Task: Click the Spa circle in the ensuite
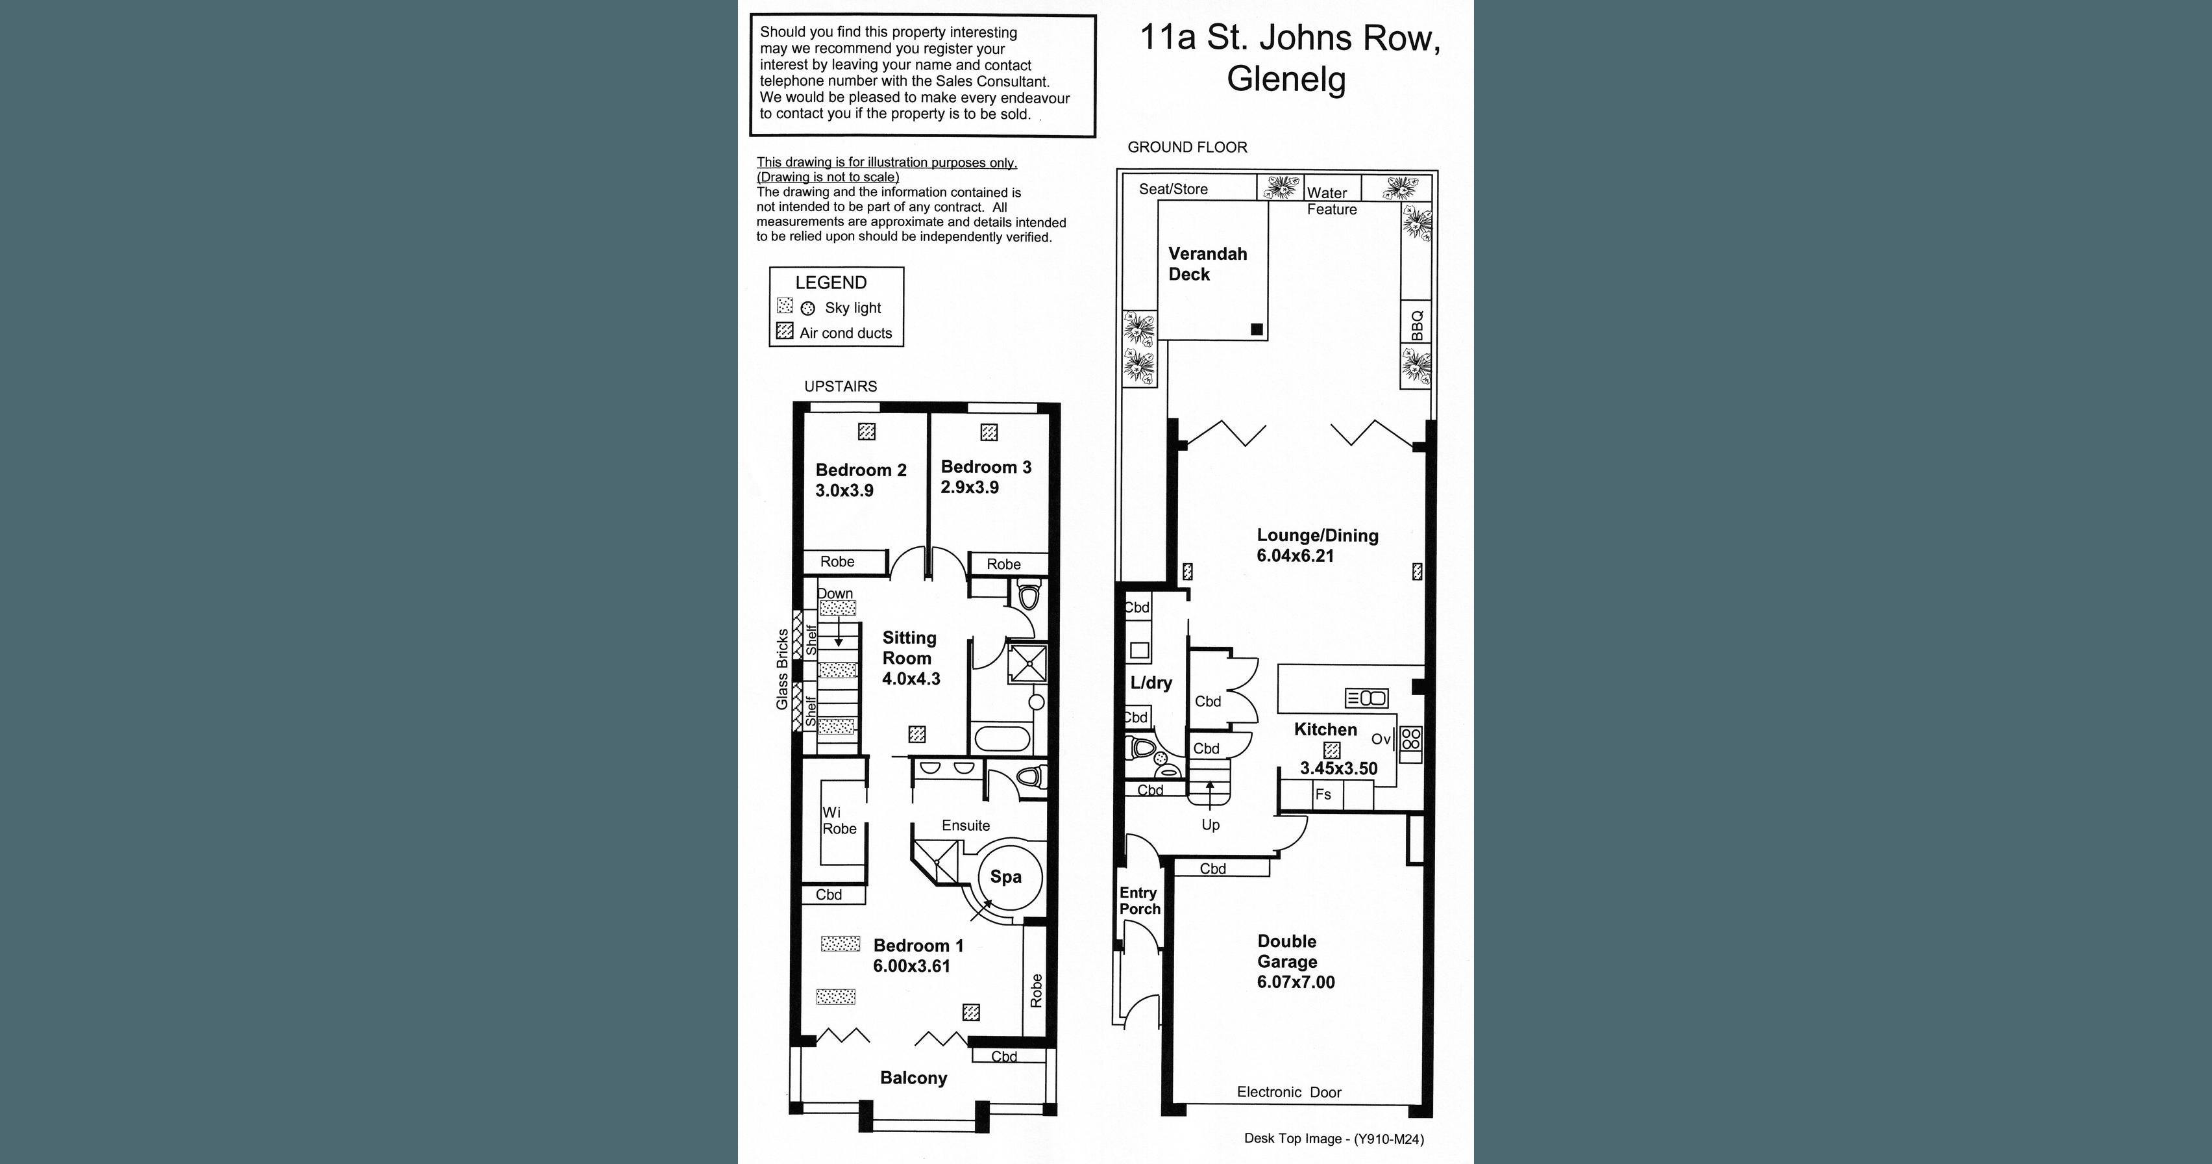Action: coord(1010,877)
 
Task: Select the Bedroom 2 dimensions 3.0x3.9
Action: coord(844,490)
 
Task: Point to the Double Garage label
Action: coord(1286,952)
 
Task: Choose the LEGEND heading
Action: coord(830,283)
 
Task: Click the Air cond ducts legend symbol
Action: coord(784,331)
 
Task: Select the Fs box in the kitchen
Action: coord(1323,794)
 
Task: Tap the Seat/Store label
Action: coord(1173,189)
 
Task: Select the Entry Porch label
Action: coord(1138,900)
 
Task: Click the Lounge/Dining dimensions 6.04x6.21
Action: coord(1295,556)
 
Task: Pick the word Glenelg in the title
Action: coord(1286,79)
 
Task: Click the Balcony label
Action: coord(913,1078)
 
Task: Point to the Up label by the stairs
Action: coord(1210,825)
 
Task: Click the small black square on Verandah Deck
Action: coord(1257,329)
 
